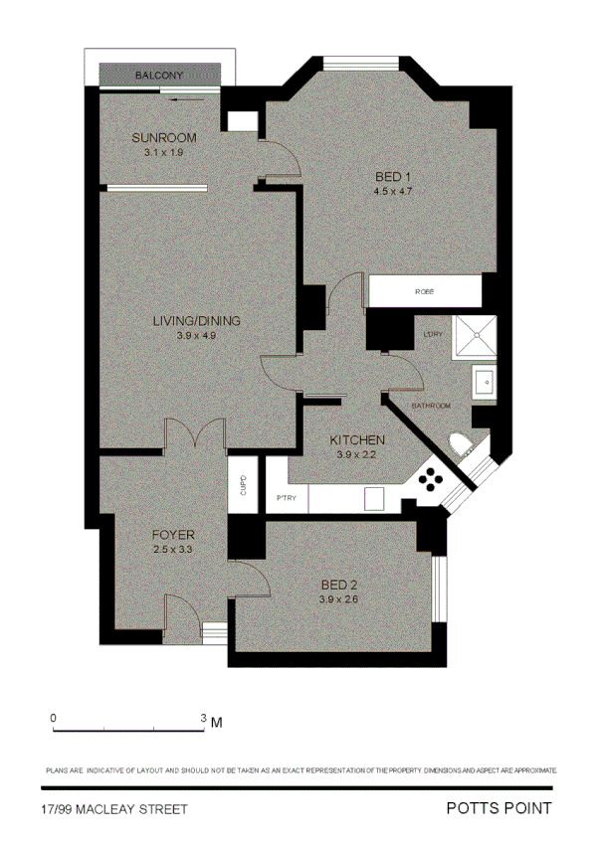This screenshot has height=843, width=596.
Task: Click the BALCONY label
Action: tap(158, 76)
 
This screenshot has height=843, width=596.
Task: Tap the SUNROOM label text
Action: tap(164, 137)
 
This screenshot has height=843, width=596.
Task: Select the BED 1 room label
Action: tap(392, 177)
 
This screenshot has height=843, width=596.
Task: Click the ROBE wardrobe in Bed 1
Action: tap(425, 292)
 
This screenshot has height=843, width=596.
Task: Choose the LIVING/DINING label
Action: tap(197, 321)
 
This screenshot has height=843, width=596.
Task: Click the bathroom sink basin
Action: tap(482, 381)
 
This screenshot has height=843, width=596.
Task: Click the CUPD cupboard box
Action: tap(244, 484)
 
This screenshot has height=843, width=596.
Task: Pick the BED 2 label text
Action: tap(338, 586)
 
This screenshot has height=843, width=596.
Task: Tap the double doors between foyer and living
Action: tap(196, 434)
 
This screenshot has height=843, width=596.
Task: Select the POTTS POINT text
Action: tap(497, 809)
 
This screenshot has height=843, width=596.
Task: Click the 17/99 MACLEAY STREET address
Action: tap(114, 810)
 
